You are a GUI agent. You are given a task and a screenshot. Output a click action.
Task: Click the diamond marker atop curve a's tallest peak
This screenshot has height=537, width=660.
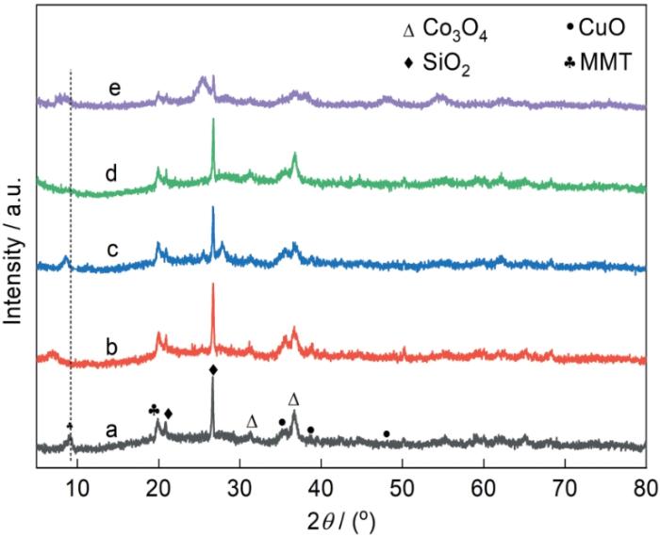[213, 370]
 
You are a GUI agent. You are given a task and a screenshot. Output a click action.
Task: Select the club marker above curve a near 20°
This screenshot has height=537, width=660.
[154, 410]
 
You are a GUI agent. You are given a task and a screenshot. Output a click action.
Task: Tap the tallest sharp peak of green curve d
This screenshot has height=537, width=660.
[213, 120]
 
